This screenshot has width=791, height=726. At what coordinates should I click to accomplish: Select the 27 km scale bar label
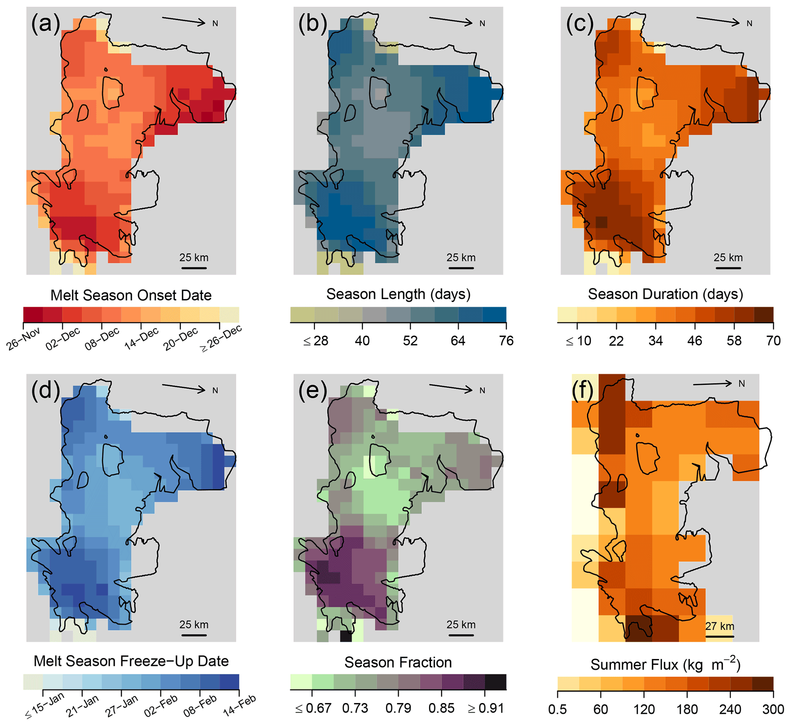719,626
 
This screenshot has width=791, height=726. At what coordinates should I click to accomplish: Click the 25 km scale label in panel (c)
728,258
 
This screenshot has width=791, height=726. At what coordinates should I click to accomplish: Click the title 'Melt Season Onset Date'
131,295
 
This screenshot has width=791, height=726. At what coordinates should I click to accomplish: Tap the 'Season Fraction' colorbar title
398,662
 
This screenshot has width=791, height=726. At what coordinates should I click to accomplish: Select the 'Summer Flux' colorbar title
665,664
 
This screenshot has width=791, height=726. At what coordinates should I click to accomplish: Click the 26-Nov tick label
24,338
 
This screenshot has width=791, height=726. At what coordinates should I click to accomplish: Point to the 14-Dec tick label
141,338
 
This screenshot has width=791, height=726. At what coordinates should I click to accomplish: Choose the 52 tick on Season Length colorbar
410,341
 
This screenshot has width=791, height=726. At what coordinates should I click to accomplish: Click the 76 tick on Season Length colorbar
506,341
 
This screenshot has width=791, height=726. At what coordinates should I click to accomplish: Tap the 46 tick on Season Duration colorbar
695,341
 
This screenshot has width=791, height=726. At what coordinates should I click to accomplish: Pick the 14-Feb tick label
240,705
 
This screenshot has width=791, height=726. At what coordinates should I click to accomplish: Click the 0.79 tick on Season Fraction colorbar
398,708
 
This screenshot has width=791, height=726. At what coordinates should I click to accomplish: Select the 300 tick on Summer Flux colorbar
773,709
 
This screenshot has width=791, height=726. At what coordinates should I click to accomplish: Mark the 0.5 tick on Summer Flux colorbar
558,709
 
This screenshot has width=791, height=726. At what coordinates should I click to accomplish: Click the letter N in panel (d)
215,391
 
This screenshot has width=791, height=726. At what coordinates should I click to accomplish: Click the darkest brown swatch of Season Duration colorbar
763,315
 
